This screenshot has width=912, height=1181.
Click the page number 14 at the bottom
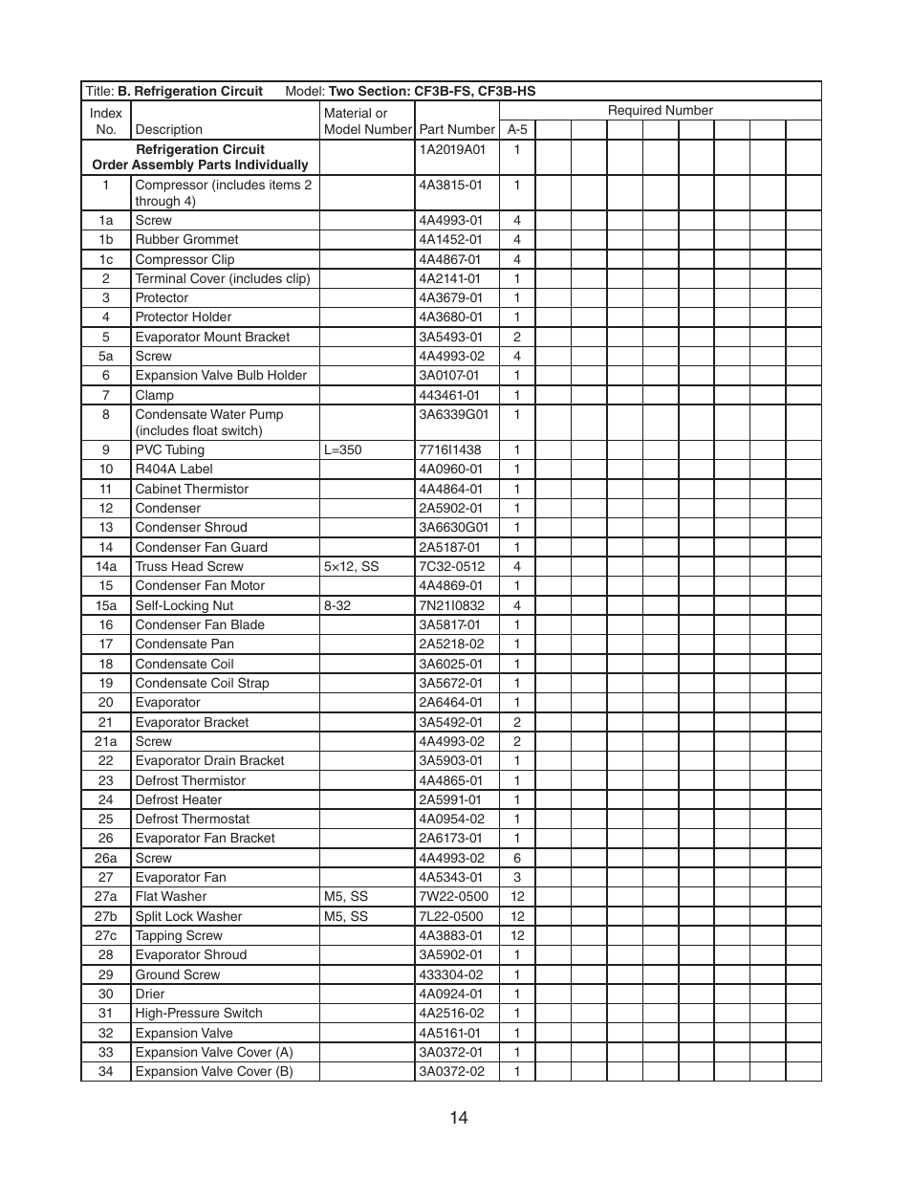458,1117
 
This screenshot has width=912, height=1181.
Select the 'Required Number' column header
660,110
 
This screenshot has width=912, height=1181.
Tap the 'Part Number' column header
457,129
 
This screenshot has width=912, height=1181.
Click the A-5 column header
517,129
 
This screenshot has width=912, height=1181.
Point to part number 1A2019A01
452,149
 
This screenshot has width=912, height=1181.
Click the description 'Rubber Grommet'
186,239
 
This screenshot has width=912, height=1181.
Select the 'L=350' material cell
342,449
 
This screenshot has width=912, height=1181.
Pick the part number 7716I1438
450,449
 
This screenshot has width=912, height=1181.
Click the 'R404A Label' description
174,469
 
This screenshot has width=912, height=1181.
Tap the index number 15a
105,605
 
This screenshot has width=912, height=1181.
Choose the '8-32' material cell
337,605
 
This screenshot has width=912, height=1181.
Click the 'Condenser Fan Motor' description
200,585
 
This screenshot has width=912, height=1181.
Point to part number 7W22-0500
453,896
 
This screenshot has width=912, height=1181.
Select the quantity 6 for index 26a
517,858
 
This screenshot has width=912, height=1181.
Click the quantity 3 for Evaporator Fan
517,877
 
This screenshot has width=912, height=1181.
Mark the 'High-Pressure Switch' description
199,1013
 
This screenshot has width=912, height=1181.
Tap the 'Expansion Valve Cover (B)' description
214,1071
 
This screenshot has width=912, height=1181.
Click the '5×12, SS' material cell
351,566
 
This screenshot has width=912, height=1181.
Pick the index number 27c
105,935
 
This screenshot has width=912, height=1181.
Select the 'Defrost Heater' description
179,799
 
